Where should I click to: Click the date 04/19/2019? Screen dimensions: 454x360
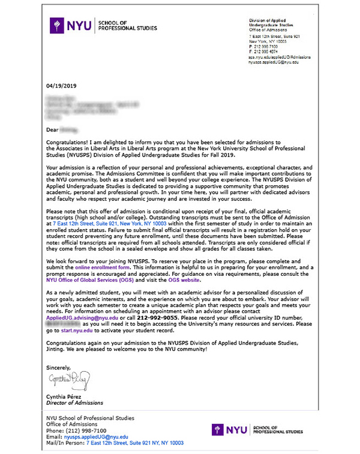pyautogui.click(x=62, y=85)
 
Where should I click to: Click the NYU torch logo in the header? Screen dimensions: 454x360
pyautogui.click(x=58, y=25)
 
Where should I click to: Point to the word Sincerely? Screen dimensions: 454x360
pyautogui.click(x=58, y=367)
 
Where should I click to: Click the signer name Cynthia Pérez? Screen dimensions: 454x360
pyautogui.click(x=67, y=396)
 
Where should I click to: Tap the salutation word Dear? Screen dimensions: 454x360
pyautogui.click(x=53, y=129)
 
